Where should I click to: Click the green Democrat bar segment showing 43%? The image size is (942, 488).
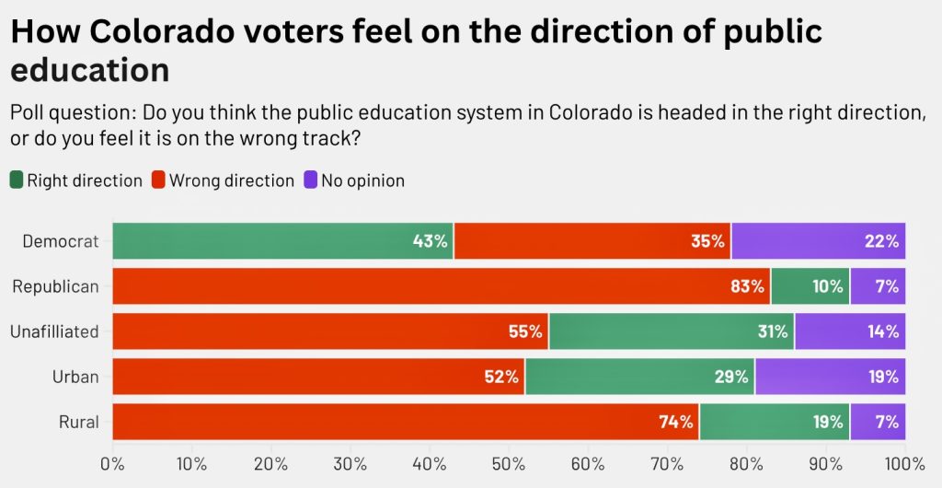[282, 241]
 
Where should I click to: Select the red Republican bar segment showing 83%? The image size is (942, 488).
[441, 286]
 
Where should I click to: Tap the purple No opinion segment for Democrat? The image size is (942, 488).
[819, 241]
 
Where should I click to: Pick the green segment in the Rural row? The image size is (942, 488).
[775, 422]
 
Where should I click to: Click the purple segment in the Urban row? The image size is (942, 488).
[830, 377]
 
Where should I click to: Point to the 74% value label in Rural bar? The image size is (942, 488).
[675, 422]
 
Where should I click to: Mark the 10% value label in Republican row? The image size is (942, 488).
[827, 286]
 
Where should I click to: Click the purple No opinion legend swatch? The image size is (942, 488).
[311, 180]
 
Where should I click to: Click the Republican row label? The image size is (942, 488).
[55, 286]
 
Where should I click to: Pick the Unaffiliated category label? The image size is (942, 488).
[55, 331]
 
